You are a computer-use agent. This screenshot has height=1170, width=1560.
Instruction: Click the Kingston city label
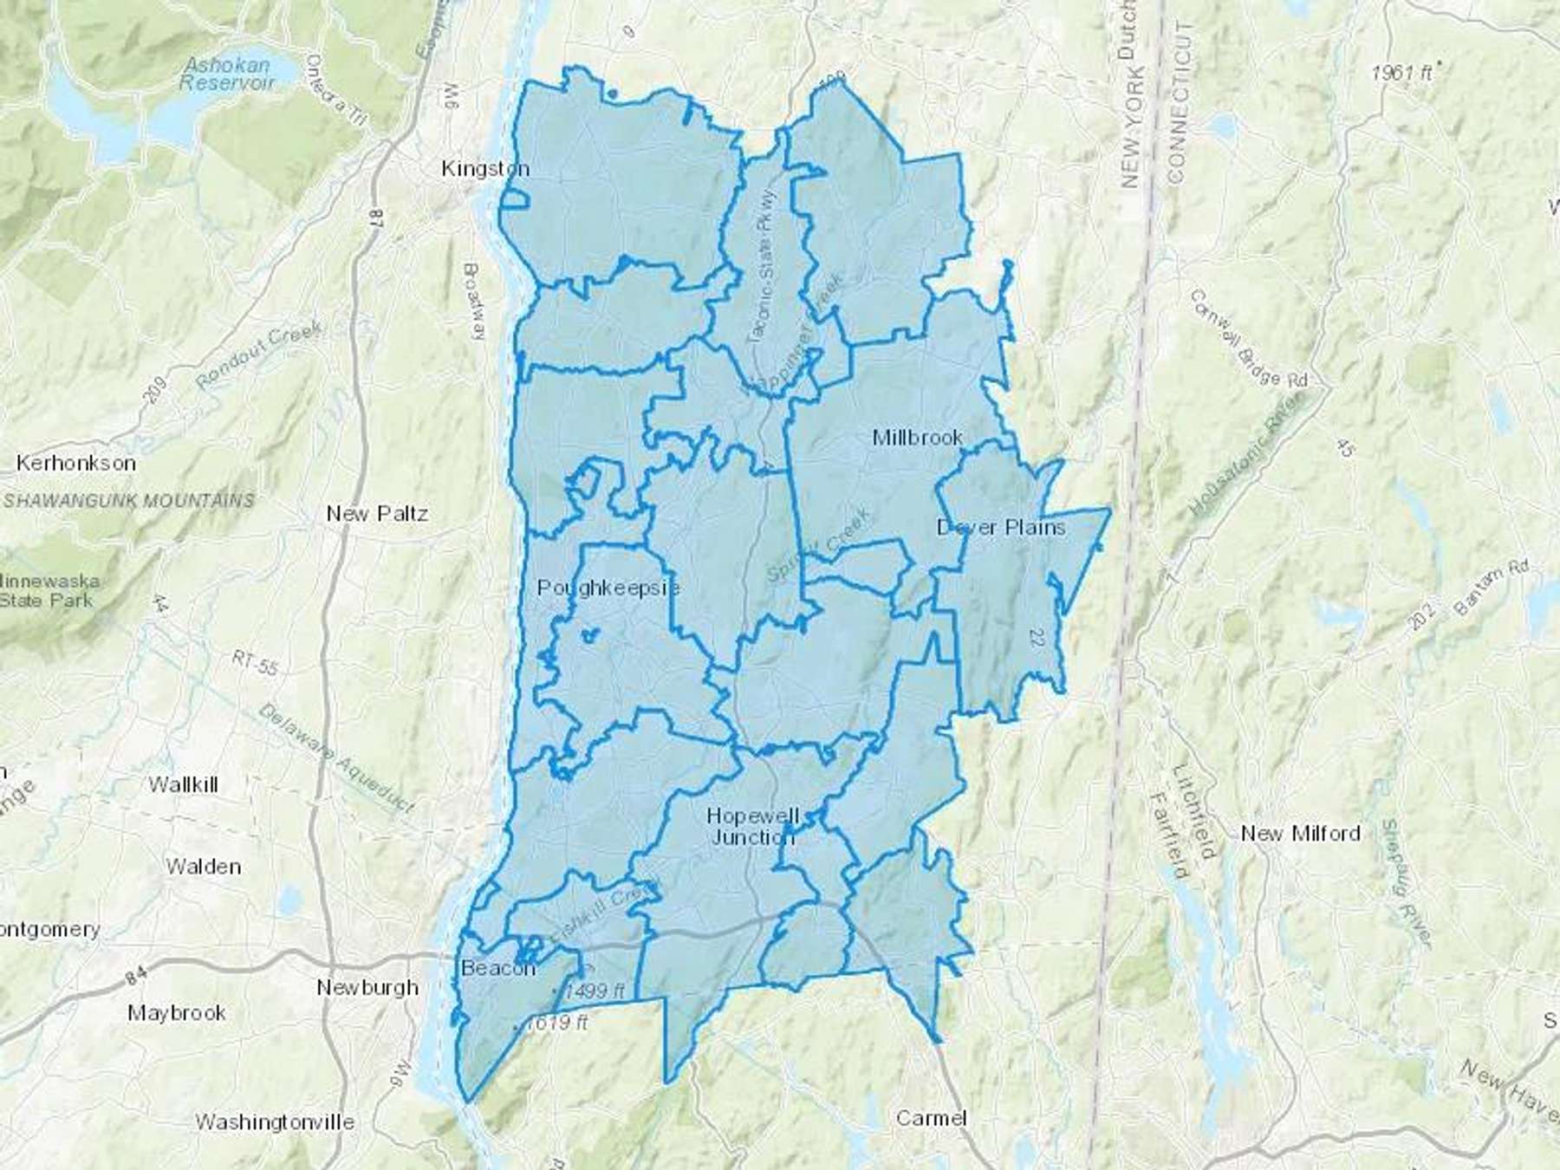pyautogui.click(x=484, y=168)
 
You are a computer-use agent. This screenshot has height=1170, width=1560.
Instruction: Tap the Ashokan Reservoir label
pyautogui.click(x=227, y=74)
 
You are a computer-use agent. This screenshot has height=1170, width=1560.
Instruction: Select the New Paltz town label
pyautogui.click(x=377, y=513)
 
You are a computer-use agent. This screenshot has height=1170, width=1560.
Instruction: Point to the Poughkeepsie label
pyautogui.click(x=608, y=588)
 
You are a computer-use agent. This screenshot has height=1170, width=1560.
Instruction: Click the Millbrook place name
pyautogui.click(x=917, y=438)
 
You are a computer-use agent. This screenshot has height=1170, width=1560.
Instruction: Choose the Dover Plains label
pyautogui.click(x=1001, y=527)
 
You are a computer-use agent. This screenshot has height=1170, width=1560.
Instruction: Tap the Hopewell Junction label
pyautogui.click(x=752, y=826)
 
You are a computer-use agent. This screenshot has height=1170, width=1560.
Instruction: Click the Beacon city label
pyautogui.click(x=498, y=968)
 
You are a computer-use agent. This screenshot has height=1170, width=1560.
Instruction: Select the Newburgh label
pyautogui.click(x=367, y=987)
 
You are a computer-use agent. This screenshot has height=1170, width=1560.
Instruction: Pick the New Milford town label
pyautogui.click(x=1300, y=834)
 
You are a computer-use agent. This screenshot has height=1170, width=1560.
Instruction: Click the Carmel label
pyautogui.click(x=931, y=1118)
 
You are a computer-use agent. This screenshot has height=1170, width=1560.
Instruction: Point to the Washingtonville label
pyautogui.click(x=275, y=1122)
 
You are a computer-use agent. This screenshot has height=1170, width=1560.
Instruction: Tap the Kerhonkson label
pyautogui.click(x=75, y=463)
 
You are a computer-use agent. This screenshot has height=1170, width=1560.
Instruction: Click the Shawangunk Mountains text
pyautogui.click(x=129, y=501)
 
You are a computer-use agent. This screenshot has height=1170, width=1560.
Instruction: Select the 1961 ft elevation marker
pyautogui.click(x=1401, y=74)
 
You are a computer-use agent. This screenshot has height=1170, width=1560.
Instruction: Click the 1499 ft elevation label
pyautogui.click(x=594, y=991)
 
